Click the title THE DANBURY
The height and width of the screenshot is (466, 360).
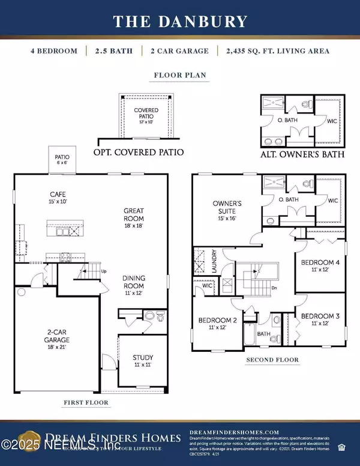pos(180,22)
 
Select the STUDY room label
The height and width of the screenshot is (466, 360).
pos(143,361)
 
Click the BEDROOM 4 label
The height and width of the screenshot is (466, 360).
pos(321,266)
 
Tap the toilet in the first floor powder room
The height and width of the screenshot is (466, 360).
pos(149,316)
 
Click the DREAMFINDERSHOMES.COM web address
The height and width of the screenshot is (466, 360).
pos(234,432)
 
